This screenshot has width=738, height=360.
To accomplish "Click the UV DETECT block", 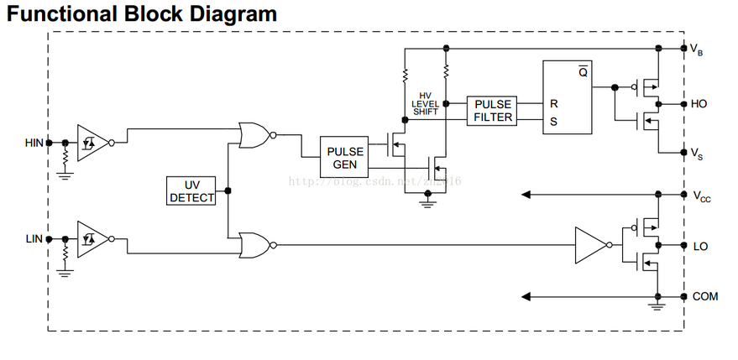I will point(191,190).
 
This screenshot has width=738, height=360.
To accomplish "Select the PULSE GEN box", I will point(345,157).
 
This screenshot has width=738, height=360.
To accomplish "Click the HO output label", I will point(699,104).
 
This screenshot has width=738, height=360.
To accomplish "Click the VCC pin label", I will point(700,196).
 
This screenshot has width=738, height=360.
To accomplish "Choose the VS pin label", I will point(697,153).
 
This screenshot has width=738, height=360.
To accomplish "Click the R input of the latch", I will point(553,104).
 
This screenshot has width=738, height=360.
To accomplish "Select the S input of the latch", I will point(553,121).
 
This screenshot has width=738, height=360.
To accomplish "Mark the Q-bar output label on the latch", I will point(583,72).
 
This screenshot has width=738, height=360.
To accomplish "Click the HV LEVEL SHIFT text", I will point(425,103).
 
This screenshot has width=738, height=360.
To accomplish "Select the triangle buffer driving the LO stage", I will point(590,245).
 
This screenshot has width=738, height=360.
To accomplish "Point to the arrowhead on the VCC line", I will point(526,195).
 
